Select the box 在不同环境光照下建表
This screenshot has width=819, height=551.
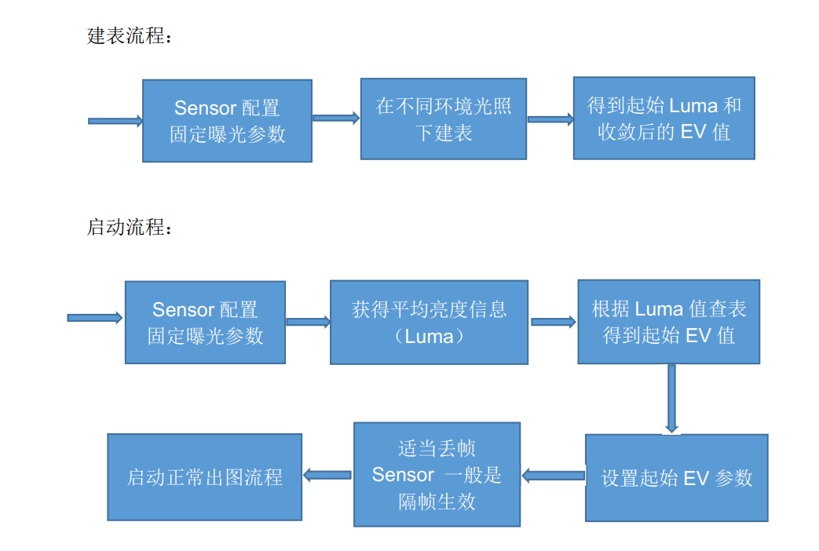tap(444, 119)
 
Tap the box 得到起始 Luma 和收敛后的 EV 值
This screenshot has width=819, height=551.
tap(664, 119)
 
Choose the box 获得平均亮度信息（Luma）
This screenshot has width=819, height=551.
tap(429, 323)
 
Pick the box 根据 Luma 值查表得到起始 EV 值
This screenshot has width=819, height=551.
tap(668, 322)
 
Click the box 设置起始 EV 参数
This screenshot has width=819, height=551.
tap(676, 478)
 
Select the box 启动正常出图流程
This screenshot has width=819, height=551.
tap(204, 477)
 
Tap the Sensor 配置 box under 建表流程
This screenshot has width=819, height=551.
tap(227, 121)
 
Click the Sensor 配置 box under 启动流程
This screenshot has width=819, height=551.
tap(205, 323)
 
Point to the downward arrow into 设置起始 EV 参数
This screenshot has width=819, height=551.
tap(671, 399)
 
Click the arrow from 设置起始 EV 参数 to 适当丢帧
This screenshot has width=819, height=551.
tap(553, 475)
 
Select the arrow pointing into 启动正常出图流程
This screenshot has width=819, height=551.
tap(327, 474)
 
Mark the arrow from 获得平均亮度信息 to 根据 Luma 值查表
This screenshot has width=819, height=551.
tap(553, 322)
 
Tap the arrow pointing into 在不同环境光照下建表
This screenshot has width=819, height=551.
tap(336, 119)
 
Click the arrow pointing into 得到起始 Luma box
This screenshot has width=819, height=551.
tap(550, 119)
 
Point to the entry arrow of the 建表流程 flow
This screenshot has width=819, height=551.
tap(115, 121)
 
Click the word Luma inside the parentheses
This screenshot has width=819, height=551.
tap(429, 337)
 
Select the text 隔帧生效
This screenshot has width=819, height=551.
tap(437, 502)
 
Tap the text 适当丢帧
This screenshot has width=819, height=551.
tap(437, 449)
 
